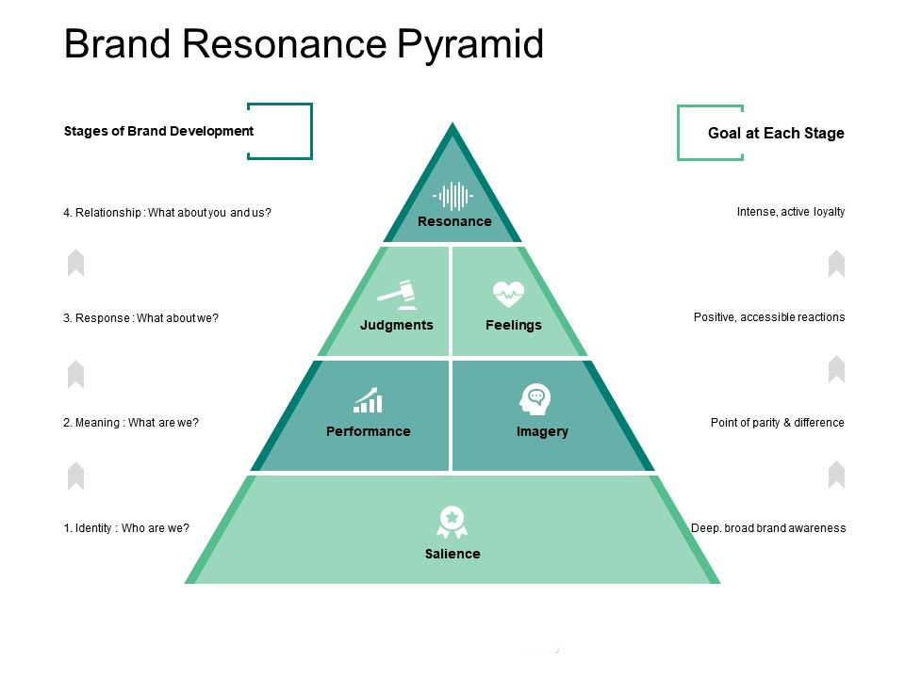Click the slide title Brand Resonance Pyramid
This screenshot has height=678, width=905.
click(304, 44)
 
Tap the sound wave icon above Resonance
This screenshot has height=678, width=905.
click(452, 196)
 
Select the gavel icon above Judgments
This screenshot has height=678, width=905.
click(397, 295)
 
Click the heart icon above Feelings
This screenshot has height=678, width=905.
click(509, 295)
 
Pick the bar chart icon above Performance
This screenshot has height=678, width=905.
click(368, 400)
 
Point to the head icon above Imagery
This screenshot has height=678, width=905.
click(535, 400)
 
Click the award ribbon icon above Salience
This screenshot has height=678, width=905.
click(452, 521)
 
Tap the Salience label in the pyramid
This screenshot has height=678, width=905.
click(452, 554)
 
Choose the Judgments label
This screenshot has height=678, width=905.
click(397, 325)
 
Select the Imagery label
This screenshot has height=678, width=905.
click(542, 431)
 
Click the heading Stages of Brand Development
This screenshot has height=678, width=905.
click(158, 131)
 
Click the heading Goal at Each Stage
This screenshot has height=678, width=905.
click(776, 133)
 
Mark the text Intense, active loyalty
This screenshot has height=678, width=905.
click(790, 212)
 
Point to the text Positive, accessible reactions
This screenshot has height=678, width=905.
click(769, 317)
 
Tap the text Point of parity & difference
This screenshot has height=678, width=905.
click(777, 423)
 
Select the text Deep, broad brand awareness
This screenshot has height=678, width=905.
click(768, 528)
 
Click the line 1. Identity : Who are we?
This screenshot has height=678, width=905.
click(126, 528)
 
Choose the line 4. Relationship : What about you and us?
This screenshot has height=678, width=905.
click(167, 213)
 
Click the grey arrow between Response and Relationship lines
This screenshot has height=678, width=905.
click(76, 263)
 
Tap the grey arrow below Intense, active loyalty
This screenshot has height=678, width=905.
click(836, 264)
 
